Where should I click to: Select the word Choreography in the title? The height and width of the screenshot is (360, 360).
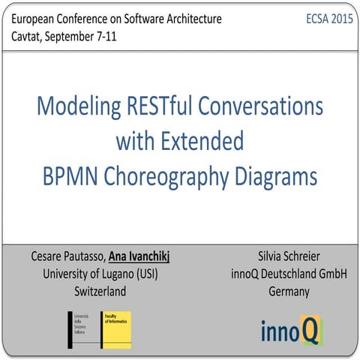[175, 178]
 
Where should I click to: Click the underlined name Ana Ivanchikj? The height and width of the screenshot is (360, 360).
[139, 258]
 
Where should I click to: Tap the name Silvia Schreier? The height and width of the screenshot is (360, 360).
[289, 258]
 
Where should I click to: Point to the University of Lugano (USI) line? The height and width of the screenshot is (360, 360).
[100, 274]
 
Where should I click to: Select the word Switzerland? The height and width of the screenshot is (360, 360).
[100, 291]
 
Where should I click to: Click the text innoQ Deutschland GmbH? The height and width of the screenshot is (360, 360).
[289, 274]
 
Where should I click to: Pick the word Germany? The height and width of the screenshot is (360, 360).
[289, 291]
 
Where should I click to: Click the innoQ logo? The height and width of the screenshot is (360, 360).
[289, 330]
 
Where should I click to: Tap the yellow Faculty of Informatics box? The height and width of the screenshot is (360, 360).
[117, 328]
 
